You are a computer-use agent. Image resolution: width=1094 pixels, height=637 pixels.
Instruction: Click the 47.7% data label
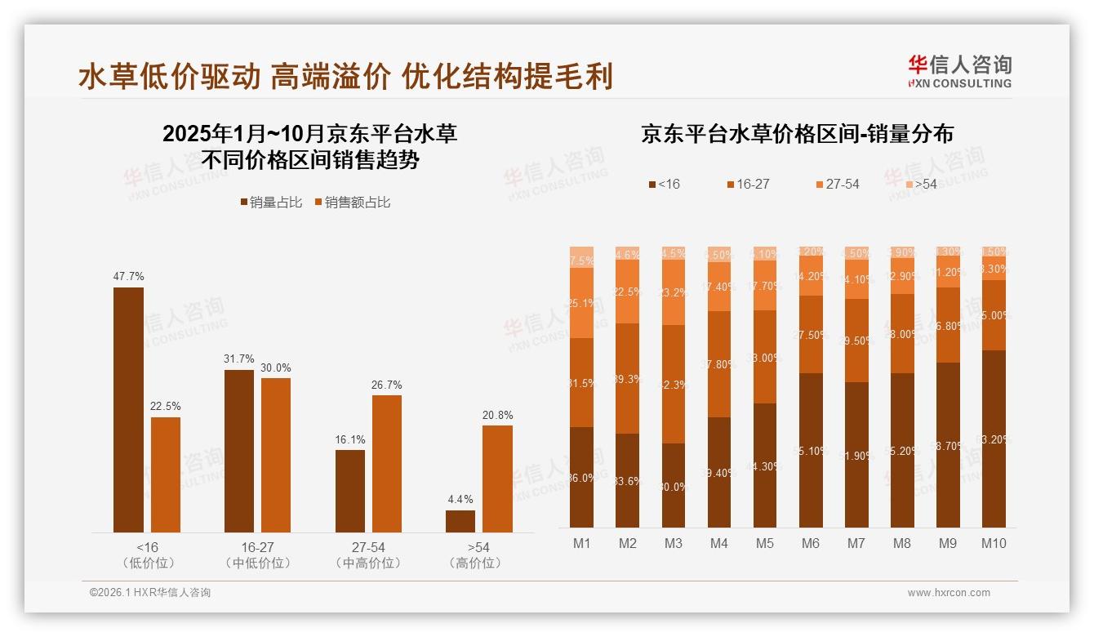point(128,277)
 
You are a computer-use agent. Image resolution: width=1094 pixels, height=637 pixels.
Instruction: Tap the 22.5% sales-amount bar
point(166,474)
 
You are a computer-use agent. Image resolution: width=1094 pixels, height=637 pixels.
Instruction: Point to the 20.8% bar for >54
point(497,479)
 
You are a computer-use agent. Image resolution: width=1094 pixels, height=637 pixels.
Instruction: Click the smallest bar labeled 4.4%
point(460,521)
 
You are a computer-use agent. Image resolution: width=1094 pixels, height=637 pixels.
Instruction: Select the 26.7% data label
point(386,385)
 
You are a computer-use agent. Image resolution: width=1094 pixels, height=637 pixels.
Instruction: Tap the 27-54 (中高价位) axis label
point(368,555)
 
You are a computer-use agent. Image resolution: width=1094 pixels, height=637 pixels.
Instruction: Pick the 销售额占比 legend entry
point(352,203)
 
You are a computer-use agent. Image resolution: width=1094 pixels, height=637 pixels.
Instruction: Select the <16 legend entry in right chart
point(664,185)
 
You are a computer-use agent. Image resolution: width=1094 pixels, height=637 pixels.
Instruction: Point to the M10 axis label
point(994,543)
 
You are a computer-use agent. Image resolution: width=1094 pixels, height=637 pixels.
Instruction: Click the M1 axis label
point(581,543)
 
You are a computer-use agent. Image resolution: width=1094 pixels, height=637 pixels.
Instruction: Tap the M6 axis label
point(811,543)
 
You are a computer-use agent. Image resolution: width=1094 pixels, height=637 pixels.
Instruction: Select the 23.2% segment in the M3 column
point(674,292)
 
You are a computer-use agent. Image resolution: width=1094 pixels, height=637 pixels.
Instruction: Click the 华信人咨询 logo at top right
point(959,70)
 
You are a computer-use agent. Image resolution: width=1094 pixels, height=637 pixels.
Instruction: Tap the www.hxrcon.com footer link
point(948,593)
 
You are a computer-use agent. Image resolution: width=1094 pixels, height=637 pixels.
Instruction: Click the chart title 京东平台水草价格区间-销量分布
point(797,134)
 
